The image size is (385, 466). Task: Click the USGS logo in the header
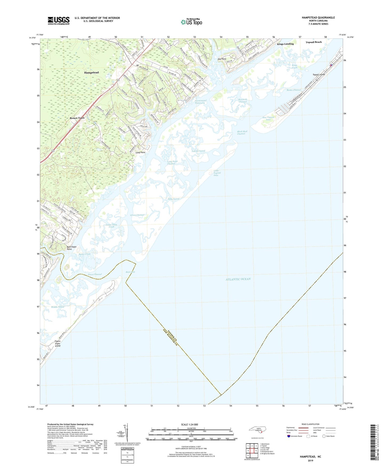coord(59,20)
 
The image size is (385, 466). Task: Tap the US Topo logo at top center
coord(191,22)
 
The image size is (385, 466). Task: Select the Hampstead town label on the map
coord(91,73)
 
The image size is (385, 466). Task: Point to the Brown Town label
coord(77,118)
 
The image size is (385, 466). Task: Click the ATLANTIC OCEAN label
coord(238,279)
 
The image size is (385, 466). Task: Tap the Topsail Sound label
coord(198,151)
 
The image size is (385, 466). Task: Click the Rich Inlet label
coord(130,272)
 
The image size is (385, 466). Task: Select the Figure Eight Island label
coord(58,343)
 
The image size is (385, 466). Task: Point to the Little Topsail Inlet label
coord(217,173)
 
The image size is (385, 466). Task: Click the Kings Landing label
coord(285,44)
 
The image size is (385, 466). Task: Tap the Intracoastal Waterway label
coord(200,102)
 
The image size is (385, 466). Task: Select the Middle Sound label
coord(58,307)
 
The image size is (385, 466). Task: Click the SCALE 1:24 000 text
coord(189,424)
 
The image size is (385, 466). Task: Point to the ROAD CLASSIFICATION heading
coord(310,424)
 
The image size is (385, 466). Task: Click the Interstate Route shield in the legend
coord(289,436)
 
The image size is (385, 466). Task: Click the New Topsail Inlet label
coord(268,119)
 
